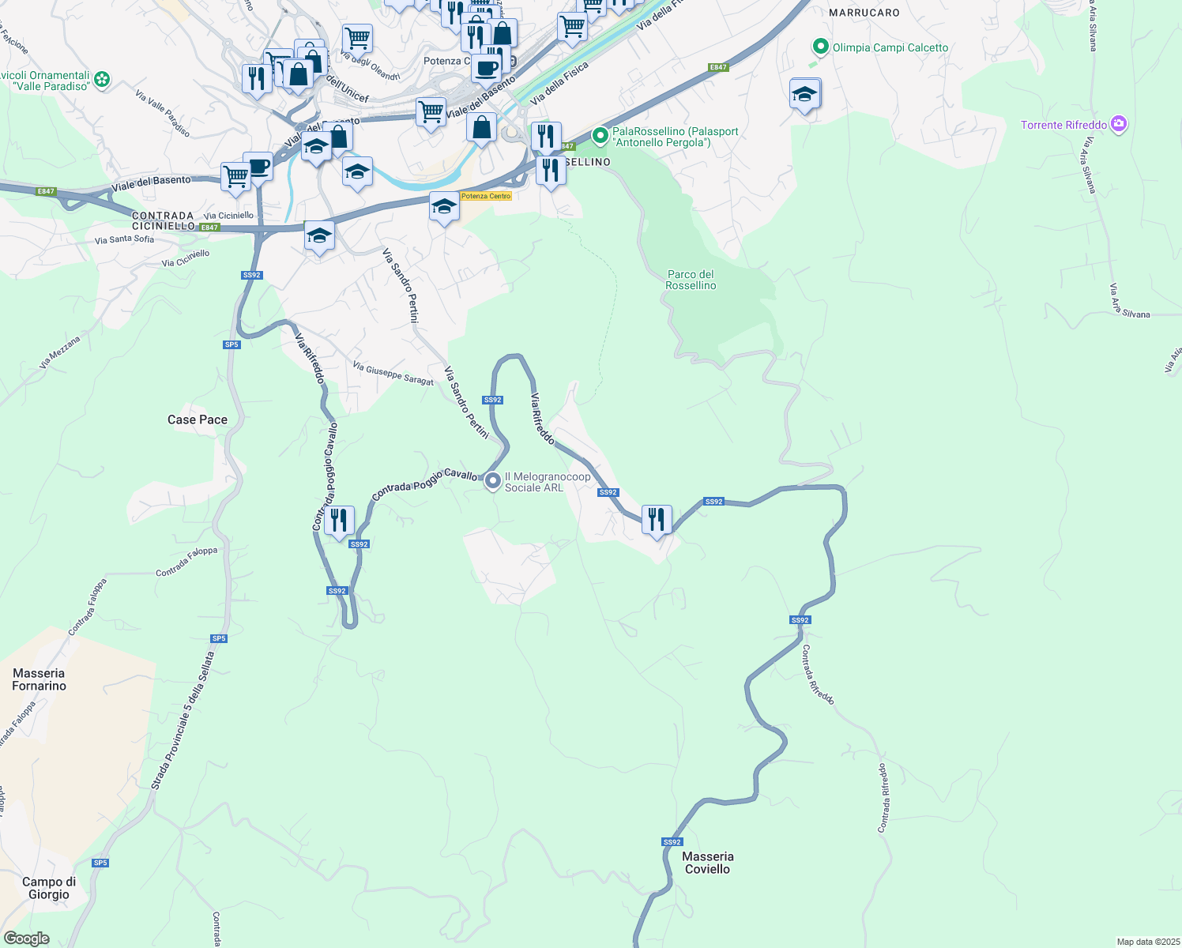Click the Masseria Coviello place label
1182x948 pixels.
[x=707, y=863]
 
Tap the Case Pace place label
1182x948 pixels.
[x=198, y=419]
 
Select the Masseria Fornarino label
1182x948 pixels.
[x=39, y=679]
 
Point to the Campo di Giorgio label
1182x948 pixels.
[x=49, y=888]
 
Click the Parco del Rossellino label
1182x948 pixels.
[x=691, y=280]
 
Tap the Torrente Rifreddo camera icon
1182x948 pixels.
[x=1118, y=124]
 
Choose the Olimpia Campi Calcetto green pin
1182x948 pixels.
[x=820, y=47]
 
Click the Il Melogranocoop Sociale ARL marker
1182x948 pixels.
[x=493, y=480]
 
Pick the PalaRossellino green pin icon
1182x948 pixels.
[x=600, y=136]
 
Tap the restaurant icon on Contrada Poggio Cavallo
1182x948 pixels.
[x=339, y=521]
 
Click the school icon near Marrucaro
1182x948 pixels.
[x=804, y=95]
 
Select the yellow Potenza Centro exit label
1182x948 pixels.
[x=486, y=196]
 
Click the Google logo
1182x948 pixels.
[x=26, y=939]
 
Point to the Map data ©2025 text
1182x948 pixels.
[x=1147, y=942]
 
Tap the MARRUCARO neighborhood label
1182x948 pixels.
[x=864, y=13]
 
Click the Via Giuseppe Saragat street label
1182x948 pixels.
[x=393, y=374]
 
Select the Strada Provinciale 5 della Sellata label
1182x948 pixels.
[x=183, y=720]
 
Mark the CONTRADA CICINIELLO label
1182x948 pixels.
[x=164, y=220]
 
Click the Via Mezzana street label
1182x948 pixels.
[x=60, y=352]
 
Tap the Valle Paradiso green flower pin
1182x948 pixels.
[x=102, y=79]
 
